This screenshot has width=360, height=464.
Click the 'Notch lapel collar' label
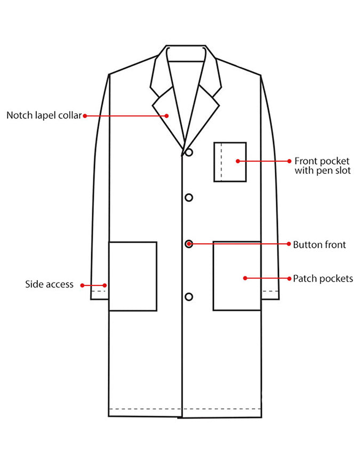[x=44, y=115]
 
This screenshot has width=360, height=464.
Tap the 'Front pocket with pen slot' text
[x=323, y=166]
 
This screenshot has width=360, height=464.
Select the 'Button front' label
[x=319, y=245]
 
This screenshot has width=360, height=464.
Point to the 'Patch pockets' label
[x=323, y=278]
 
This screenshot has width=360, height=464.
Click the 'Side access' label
[x=49, y=284]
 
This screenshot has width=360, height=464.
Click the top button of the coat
[x=189, y=153]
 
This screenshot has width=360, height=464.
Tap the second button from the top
[x=189, y=197]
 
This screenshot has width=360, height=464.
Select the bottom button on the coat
[x=189, y=297]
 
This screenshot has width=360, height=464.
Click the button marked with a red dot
[x=189, y=244]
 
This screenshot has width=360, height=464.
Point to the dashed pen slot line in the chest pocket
[x=221, y=162]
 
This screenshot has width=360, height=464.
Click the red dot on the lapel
[x=167, y=116]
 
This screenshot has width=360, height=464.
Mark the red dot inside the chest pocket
[x=238, y=161]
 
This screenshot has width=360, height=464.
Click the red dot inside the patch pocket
[x=245, y=278]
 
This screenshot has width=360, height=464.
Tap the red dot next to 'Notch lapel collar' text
[x=85, y=116]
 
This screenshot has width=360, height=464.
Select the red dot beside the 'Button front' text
[x=289, y=244]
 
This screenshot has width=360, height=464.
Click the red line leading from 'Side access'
[x=93, y=285]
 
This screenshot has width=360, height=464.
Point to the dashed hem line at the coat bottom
[x=185, y=409]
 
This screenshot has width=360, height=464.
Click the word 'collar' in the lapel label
[x=70, y=115]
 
